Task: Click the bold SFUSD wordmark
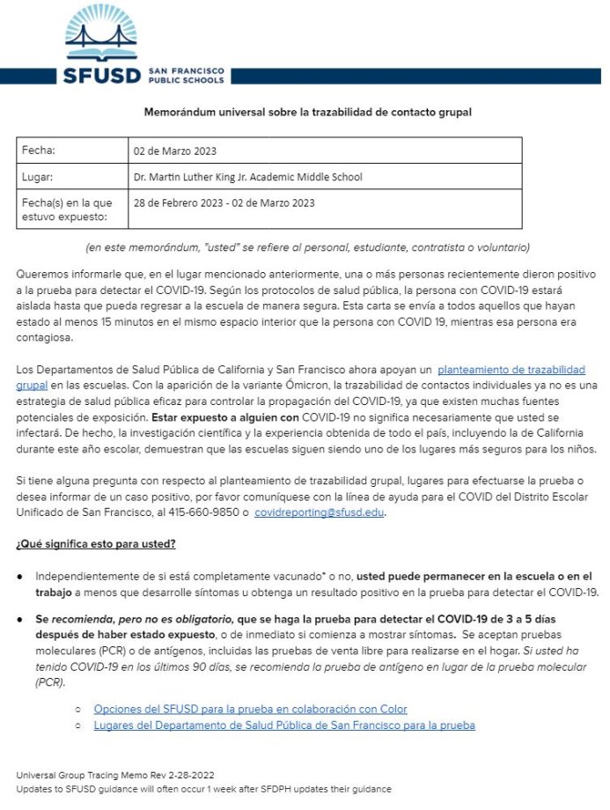pos(102,76)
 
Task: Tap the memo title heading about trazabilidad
pos(307,113)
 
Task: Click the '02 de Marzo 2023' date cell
pos(175,151)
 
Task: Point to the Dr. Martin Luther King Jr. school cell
pos(247,177)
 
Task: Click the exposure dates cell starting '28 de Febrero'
pos(224,202)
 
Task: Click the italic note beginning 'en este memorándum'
pos(307,247)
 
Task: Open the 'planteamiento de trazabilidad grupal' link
pos(511,370)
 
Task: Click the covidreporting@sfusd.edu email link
pos(319,513)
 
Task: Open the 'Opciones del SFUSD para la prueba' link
pos(250,709)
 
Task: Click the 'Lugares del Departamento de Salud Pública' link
pos(284,725)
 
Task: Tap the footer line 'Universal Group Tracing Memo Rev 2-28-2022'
pos(115,775)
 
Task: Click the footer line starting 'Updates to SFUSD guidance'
pos(203,789)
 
